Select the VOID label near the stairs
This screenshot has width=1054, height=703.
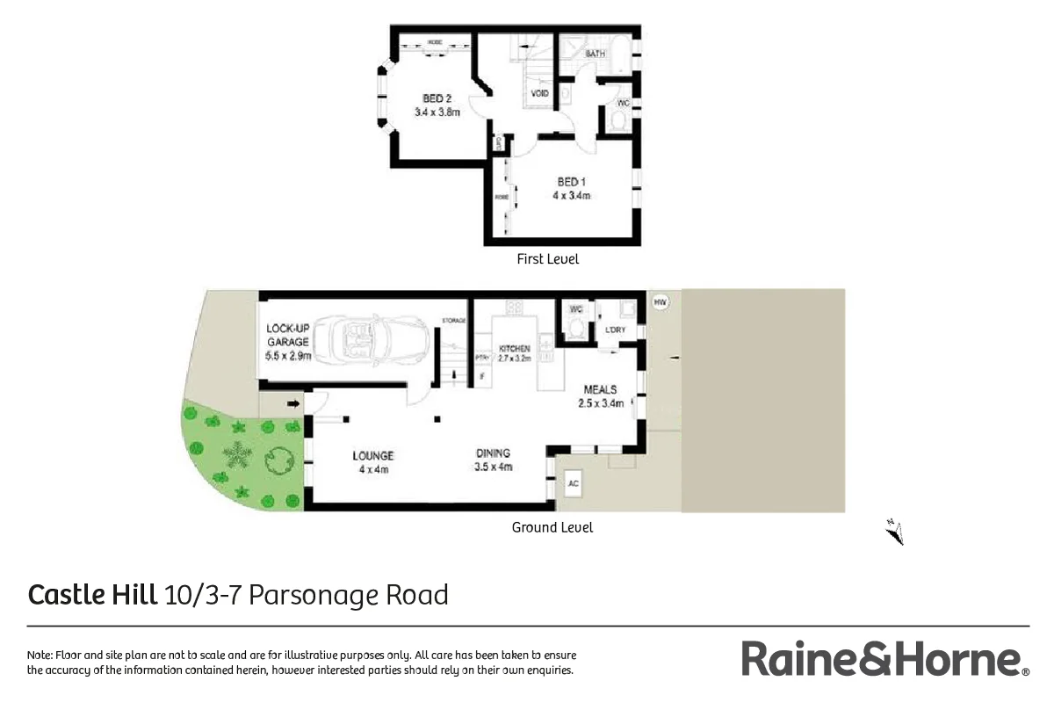coord(540,93)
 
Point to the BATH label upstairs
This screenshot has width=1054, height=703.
coord(596,54)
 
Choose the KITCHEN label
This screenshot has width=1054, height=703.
coord(515,349)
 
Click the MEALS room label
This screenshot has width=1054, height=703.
coord(601,389)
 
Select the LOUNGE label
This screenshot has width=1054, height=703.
coord(373,455)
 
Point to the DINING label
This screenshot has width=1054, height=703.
coord(493,453)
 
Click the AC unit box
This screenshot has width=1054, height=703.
coord(574,483)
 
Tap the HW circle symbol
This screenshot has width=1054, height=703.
coord(661,302)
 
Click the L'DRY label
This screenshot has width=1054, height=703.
coord(614,330)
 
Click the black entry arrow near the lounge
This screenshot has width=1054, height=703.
coord(293,404)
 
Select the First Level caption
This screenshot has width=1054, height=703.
coord(548,259)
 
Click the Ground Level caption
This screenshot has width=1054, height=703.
coord(552,527)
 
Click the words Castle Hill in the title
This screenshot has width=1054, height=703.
coord(94,595)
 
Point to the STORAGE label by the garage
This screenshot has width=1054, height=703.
coord(453,321)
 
